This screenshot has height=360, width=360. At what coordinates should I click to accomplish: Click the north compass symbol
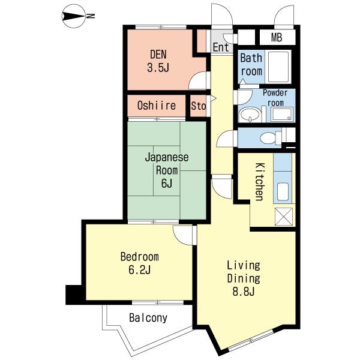[x=74, y=17]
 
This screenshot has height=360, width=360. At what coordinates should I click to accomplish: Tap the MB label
[x=277, y=37]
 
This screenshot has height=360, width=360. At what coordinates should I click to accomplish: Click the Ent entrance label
[x=221, y=47]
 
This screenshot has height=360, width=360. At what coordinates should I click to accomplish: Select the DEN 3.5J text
[x=158, y=61]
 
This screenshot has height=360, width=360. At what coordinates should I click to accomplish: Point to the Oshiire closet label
[x=157, y=106]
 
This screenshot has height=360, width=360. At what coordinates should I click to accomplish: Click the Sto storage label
[x=199, y=106]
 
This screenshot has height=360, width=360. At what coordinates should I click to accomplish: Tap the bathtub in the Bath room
[x=278, y=67]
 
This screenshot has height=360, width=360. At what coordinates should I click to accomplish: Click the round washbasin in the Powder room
[x=250, y=115]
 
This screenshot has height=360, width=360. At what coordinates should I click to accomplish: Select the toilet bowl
[x=269, y=138]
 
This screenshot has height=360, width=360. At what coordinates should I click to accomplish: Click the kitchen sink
[x=283, y=191]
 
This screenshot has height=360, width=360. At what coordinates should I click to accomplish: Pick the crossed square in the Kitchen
[x=284, y=217]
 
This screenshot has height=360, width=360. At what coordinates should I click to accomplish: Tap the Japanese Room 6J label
[x=167, y=170]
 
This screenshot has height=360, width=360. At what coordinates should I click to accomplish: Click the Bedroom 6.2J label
[x=140, y=263]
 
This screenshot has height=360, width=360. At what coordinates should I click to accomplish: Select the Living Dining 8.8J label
[x=244, y=278]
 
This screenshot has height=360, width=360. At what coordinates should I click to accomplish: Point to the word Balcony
[x=148, y=318]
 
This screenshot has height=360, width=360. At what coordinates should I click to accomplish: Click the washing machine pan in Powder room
[x=282, y=114]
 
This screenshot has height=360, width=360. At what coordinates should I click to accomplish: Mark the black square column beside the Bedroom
[x=73, y=295]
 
